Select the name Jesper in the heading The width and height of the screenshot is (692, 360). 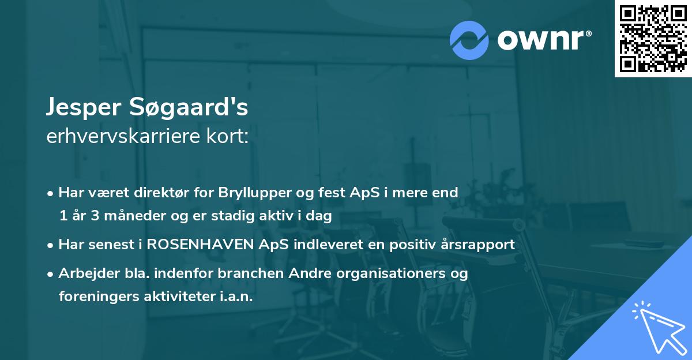[x=81, y=108]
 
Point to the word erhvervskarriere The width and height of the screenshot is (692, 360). [x=122, y=137]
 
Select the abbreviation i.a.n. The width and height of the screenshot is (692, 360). [x=235, y=296]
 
